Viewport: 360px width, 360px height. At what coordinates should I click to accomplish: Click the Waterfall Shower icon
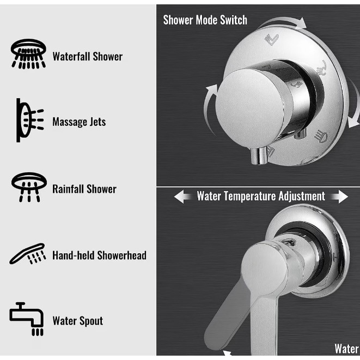click(28, 54)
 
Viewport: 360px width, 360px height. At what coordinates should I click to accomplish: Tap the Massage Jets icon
click(30, 120)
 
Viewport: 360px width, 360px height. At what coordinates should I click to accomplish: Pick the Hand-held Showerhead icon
click(28, 253)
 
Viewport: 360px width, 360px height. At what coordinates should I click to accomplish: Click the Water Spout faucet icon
click(26, 319)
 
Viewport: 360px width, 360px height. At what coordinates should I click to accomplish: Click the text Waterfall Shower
click(88, 57)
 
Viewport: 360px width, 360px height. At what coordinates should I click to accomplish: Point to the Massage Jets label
click(79, 121)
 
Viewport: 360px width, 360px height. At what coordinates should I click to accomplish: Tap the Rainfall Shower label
click(84, 189)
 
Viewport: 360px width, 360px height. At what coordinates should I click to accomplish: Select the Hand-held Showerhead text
click(100, 255)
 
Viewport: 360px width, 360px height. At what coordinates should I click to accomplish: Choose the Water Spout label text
click(78, 321)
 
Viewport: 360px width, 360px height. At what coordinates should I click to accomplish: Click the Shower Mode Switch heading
click(205, 20)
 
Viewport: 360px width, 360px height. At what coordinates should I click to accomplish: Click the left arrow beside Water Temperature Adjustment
click(183, 197)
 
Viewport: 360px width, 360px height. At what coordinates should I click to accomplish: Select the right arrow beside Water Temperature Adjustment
click(339, 197)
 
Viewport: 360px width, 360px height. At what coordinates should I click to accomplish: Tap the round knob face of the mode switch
click(251, 106)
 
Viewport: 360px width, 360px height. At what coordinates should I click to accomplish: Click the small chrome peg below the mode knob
click(259, 156)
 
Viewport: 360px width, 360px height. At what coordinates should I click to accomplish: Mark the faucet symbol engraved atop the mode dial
click(272, 39)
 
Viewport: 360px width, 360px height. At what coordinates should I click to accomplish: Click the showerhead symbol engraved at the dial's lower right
click(321, 136)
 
